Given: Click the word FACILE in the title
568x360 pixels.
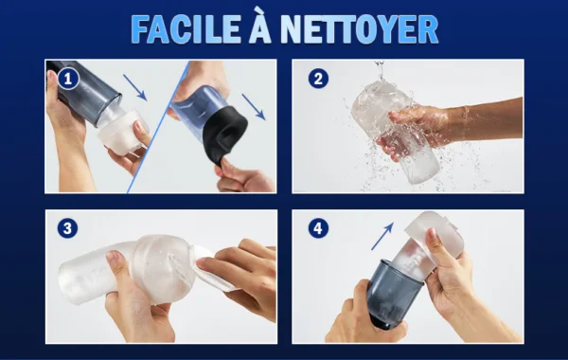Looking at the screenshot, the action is pyautogui.click(x=186, y=29).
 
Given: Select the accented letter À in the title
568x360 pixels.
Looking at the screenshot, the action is pyautogui.click(x=260, y=26).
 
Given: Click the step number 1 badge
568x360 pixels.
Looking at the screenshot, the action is pyautogui.click(x=68, y=79).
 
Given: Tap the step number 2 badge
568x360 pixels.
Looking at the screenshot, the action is pyautogui.click(x=318, y=79).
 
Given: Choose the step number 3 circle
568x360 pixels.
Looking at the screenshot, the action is pyautogui.click(x=68, y=228).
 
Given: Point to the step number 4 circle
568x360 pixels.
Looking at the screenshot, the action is pyautogui.click(x=318, y=228).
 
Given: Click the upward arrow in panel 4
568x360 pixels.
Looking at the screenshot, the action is pyautogui.click(x=382, y=236).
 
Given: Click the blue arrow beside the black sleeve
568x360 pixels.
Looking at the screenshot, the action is pyautogui.click(x=254, y=107).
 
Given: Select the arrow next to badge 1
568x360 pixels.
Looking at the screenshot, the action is pyautogui.click(x=134, y=87).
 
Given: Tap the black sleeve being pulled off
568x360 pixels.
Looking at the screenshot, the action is pyautogui.click(x=224, y=136).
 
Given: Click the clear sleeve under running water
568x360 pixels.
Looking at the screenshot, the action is pyautogui.click(x=395, y=131).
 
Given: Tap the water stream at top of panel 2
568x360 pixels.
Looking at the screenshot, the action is pyautogui.click(x=380, y=71).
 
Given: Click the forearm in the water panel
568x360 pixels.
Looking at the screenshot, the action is pyautogui.click(x=486, y=116).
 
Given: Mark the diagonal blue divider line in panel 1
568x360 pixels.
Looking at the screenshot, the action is pyautogui.click(x=158, y=127).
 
